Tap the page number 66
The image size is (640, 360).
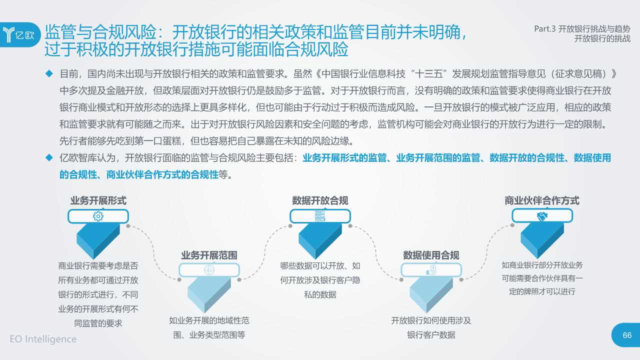627,335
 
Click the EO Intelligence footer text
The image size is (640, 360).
43,339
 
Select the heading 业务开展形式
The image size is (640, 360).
98,200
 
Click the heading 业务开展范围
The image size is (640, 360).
209,255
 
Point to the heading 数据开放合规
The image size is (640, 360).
320,200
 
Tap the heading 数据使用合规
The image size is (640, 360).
431,255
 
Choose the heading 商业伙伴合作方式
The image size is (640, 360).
542,200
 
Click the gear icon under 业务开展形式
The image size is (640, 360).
98,216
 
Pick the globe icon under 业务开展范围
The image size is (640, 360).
209,270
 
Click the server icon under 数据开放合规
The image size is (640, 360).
320,216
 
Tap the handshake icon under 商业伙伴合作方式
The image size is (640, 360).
542,216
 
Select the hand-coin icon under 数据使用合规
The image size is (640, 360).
431,270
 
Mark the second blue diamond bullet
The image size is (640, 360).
49,158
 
